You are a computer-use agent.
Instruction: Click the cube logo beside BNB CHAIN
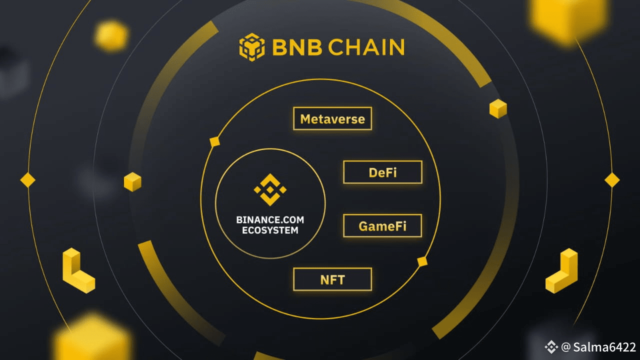tap(251, 46)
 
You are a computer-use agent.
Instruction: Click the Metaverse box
tap(332, 119)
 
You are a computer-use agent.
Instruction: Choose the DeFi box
tap(382, 172)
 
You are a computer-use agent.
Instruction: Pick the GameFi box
tap(382, 226)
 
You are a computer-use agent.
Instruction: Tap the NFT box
tap(332, 279)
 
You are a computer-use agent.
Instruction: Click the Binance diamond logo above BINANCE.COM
tap(270, 189)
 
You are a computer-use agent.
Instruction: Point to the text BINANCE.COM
tap(270, 220)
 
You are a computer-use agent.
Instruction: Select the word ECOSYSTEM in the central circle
tap(270, 230)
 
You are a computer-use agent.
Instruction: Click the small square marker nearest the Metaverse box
tap(215, 141)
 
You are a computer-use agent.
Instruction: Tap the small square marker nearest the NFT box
tap(422, 261)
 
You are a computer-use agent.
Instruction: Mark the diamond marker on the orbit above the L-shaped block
tap(27, 180)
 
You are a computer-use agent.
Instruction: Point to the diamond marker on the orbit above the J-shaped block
tap(612, 180)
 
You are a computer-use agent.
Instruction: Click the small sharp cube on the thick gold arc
tap(498, 108)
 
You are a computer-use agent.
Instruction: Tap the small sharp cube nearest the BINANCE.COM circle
tap(132, 181)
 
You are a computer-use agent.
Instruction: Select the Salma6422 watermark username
tap(605, 347)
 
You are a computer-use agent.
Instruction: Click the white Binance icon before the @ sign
tap(551, 346)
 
